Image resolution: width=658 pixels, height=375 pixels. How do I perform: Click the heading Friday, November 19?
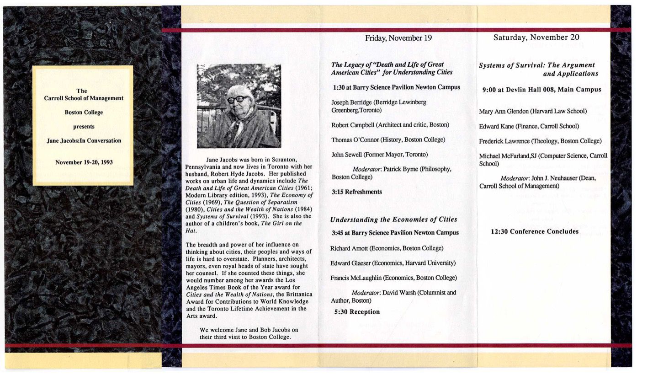tap(398, 38)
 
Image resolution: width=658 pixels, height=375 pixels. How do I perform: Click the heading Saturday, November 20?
tap(536, 37)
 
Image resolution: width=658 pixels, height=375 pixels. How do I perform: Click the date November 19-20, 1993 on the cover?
tap(84, 162)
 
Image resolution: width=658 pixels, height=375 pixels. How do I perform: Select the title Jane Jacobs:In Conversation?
tap(84, 141)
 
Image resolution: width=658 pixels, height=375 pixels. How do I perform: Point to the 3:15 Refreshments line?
tap(356, 192)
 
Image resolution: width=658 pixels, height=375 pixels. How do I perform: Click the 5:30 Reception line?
tap(357, 312)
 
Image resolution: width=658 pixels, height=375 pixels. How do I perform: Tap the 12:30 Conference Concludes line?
tap(535, 231)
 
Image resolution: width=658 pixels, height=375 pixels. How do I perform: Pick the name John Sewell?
tap(346, 155)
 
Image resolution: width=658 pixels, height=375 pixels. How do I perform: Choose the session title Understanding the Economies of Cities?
tap(393, 220)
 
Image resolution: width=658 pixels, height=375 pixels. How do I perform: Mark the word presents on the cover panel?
tap(84, 127)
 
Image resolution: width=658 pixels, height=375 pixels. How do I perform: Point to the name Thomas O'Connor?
tap(354, 140)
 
